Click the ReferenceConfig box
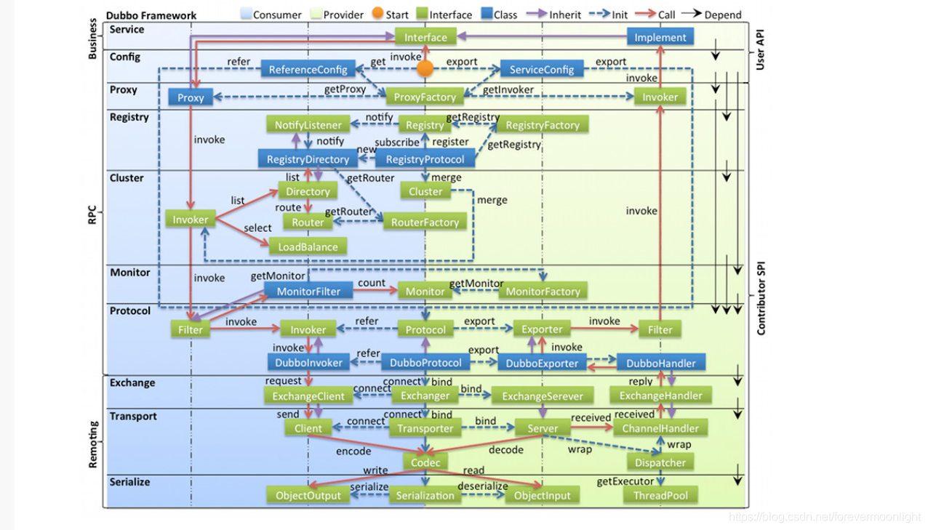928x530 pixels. (308, 70)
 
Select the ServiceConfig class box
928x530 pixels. (542, 70)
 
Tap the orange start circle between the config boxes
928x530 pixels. (425, 69)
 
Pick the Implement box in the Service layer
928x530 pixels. (660, 37)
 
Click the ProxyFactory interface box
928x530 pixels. (425, 97)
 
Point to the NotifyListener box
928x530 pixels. (308, 125)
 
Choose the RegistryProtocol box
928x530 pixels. (425, 159)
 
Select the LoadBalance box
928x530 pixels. (308, 247)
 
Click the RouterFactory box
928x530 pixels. (425, 222)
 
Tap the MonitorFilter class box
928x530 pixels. (308, 292)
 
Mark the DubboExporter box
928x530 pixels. (542, 363)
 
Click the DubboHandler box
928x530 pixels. (660, 363)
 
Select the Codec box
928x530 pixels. (425, 462)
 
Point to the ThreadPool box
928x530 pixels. (660, 496)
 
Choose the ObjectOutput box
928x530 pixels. (308, 496)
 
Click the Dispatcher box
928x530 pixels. (660, 462)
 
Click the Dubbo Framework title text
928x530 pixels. (151, 15)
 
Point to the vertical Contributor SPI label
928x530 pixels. (761, 298)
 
